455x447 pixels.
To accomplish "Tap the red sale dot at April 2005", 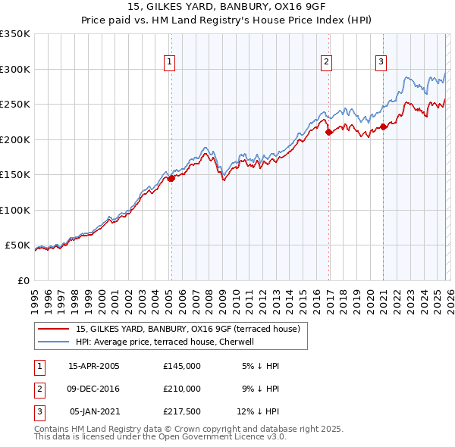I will (171, 179).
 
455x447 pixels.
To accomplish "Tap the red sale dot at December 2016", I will (328, 132).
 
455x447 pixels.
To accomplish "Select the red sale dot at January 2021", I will (383, 127).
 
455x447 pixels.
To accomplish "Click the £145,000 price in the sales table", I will (181, 365).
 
